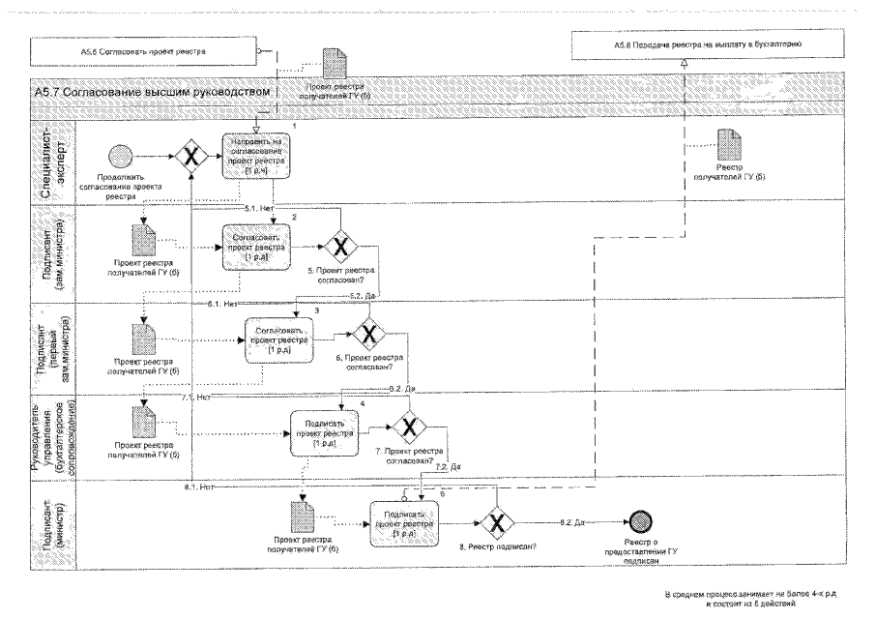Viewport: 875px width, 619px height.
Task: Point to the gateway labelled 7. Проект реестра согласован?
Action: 409,425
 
